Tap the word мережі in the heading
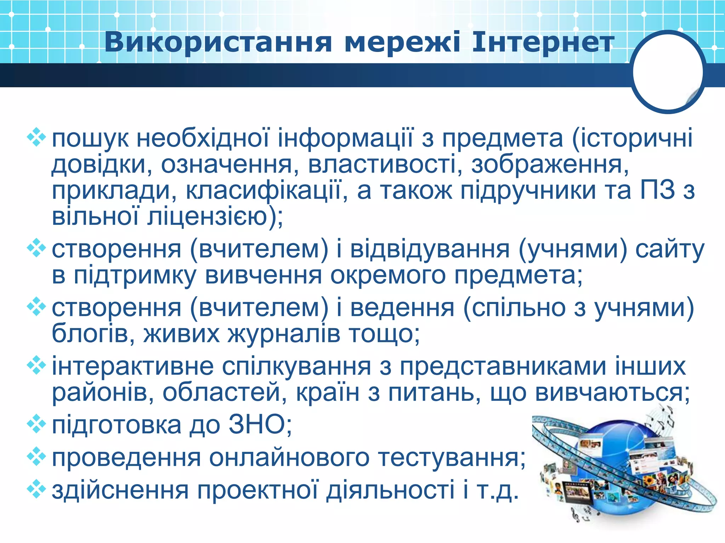(x=403, y=43)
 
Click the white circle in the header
(x=668, y=72)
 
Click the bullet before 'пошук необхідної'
(x=36, y=138)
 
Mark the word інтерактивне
(x=133, y=366)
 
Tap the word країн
(x=327, y=392)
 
